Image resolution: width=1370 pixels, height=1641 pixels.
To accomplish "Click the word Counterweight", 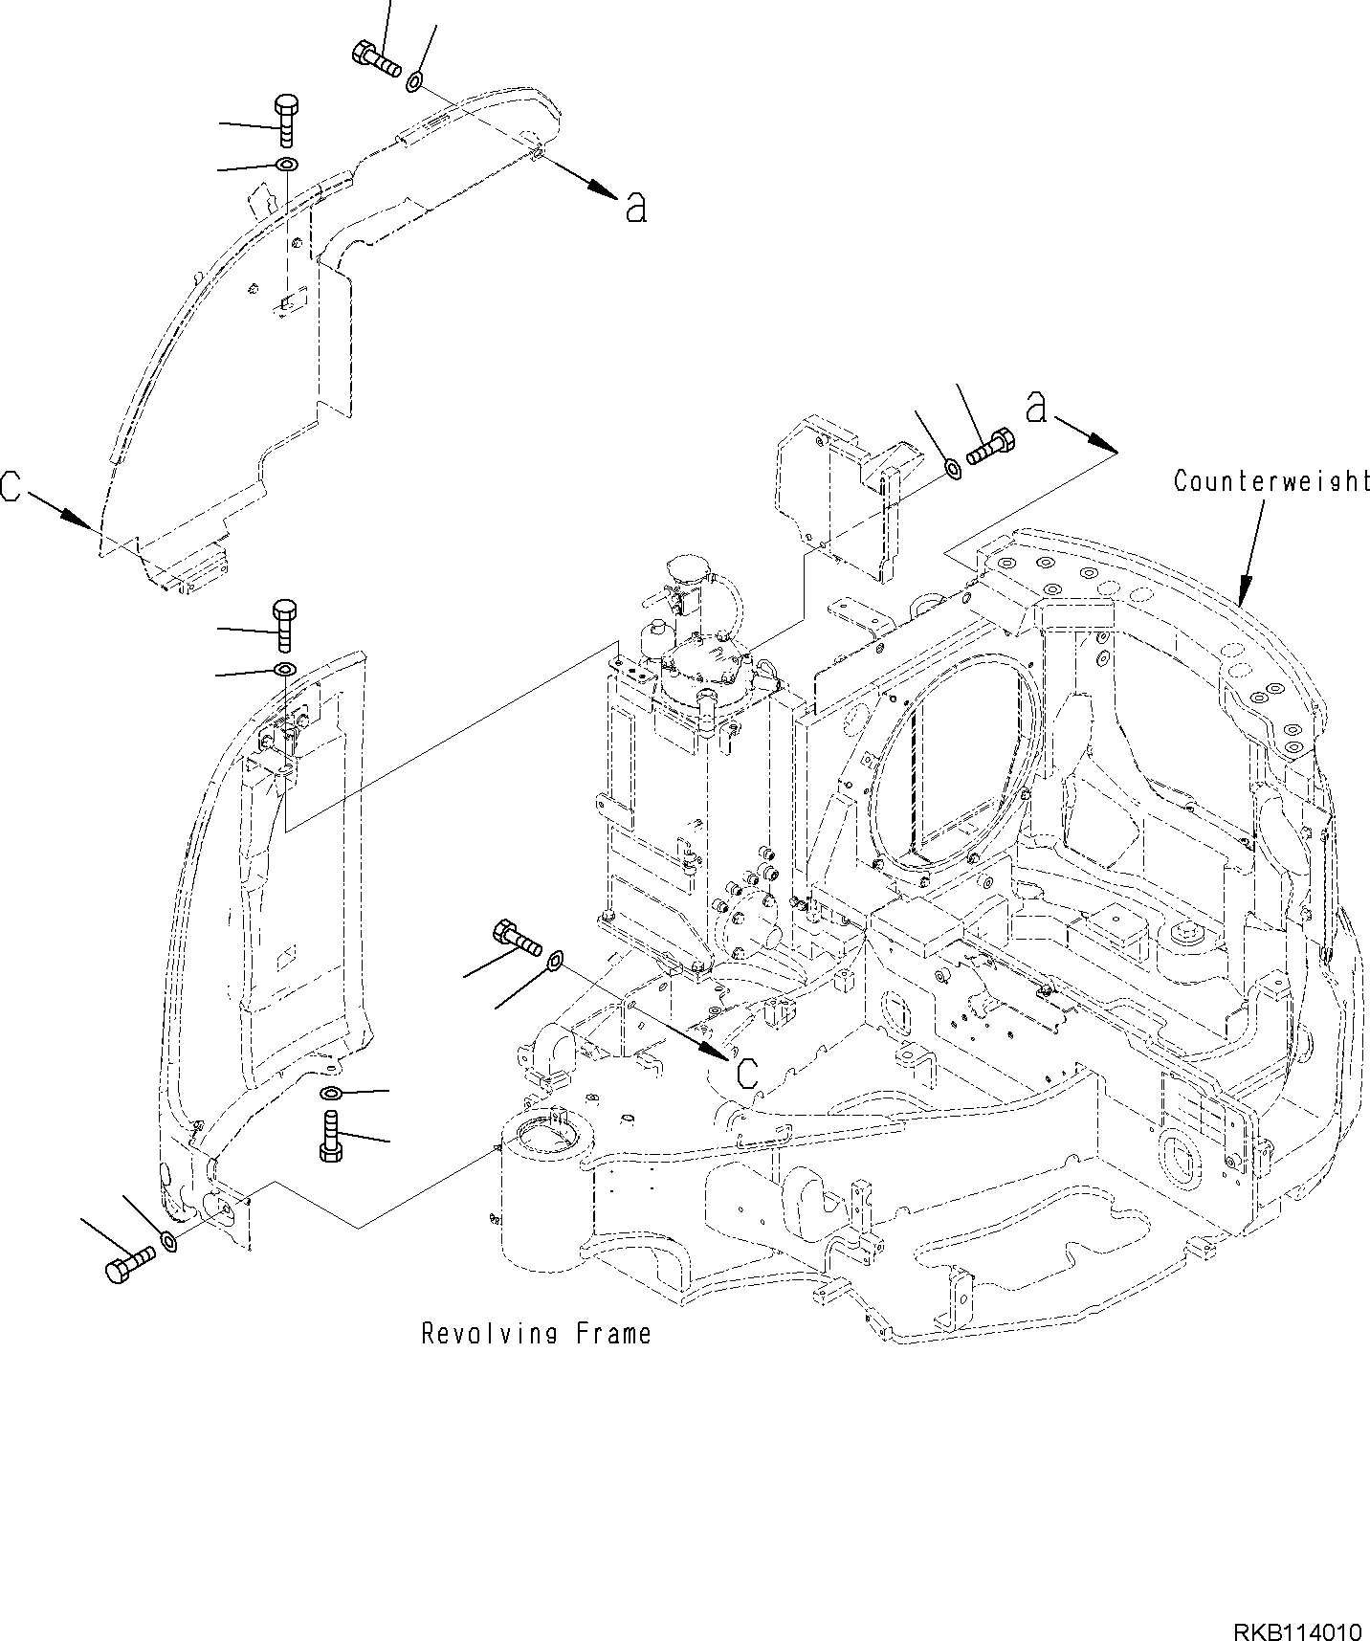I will pyautogui.click(x=1271, y=480).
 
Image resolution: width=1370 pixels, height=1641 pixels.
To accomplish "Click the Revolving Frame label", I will pyautogui.click(x=536, y=1333).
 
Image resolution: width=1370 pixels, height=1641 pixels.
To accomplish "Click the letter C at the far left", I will pyautogui.click(x=11, y=486).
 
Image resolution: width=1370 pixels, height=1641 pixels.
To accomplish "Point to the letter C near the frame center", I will pyautogui.click(x=748, y=1072).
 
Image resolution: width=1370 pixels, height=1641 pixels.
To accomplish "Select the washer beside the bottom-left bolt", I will pyautogui.click(x=168, y=1242).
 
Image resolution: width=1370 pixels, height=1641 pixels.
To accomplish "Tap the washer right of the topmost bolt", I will pyautogui.click(x=415, y=82).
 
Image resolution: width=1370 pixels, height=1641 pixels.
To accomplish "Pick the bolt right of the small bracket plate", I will pyautogui.click(x=991, y=447).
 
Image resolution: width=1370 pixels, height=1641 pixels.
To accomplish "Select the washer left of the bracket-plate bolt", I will pyautogui.click(x=953, y=468).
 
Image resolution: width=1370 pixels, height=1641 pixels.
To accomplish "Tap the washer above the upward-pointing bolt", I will pyautogui.click(x=330, y=1093).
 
